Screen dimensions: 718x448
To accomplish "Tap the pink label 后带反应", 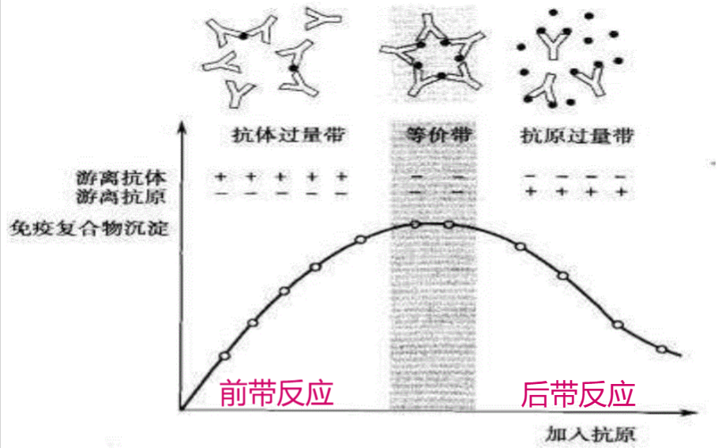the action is pyautogui.click(x=578, y=393).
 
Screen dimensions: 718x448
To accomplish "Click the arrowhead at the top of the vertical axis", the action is pyautogui.click(x=182, y=126).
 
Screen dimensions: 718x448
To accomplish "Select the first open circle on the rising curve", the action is pyautogui.click(x=224, y=356).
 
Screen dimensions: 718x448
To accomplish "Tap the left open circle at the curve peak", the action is pyautogui.click(x=415, y=224).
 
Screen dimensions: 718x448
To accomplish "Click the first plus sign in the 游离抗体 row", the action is pyautogui.click(x=221, y=175).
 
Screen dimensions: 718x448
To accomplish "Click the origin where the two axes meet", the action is pyautogui.click(x=182, y=410).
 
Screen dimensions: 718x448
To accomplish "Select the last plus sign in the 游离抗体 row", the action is pyautogui.click(x=342, y=175).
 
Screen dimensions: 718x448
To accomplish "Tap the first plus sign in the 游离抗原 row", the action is pyautogui.click(x=531, y=192).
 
